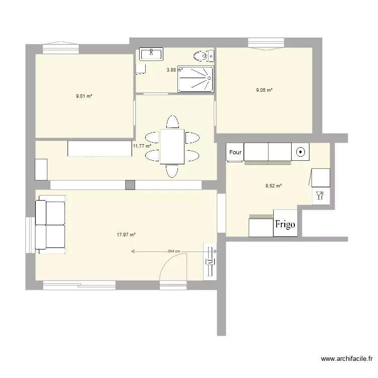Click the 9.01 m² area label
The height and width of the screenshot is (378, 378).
coord(84,96)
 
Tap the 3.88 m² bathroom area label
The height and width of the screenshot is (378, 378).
coord(174,70)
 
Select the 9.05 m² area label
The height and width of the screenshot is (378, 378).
coord(265,90)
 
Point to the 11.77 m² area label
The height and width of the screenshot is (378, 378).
coord(142,146)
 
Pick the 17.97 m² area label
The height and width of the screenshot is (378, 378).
coord(127,234)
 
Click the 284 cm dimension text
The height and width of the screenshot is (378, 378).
coord(174,251)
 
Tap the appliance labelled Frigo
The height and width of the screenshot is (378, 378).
coord(285,224)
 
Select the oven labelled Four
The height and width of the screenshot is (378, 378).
coord(235,152)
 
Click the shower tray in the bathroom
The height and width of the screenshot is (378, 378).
coord(196,79)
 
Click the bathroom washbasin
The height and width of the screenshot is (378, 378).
coord(151,53)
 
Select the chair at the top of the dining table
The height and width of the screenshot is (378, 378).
coord(172,122)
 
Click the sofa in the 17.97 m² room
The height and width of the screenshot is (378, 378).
coord(50,225)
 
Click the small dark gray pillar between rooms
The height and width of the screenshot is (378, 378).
coord(131,185)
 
